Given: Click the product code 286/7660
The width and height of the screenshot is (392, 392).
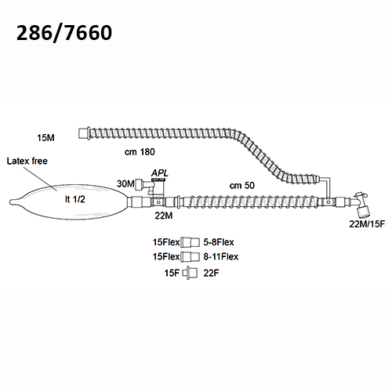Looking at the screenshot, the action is click(64, 33).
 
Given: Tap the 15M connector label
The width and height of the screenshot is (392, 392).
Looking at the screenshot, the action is click(45, 138).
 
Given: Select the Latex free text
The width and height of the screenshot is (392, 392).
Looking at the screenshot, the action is click(27, 161).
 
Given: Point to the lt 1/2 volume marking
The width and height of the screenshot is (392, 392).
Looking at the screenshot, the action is click(75, 199).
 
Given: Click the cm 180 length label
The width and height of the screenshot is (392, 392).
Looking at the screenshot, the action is click(140, 152).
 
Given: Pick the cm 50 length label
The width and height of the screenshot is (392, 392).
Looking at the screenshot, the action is click(242, 186).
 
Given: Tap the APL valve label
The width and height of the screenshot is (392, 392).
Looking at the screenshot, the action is click(160, 173).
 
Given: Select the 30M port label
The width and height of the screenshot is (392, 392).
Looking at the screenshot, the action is click(125, 183).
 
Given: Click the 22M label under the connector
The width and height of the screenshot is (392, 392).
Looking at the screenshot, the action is click(164, 216).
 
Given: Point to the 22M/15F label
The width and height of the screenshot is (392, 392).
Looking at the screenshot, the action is click(367, 224).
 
